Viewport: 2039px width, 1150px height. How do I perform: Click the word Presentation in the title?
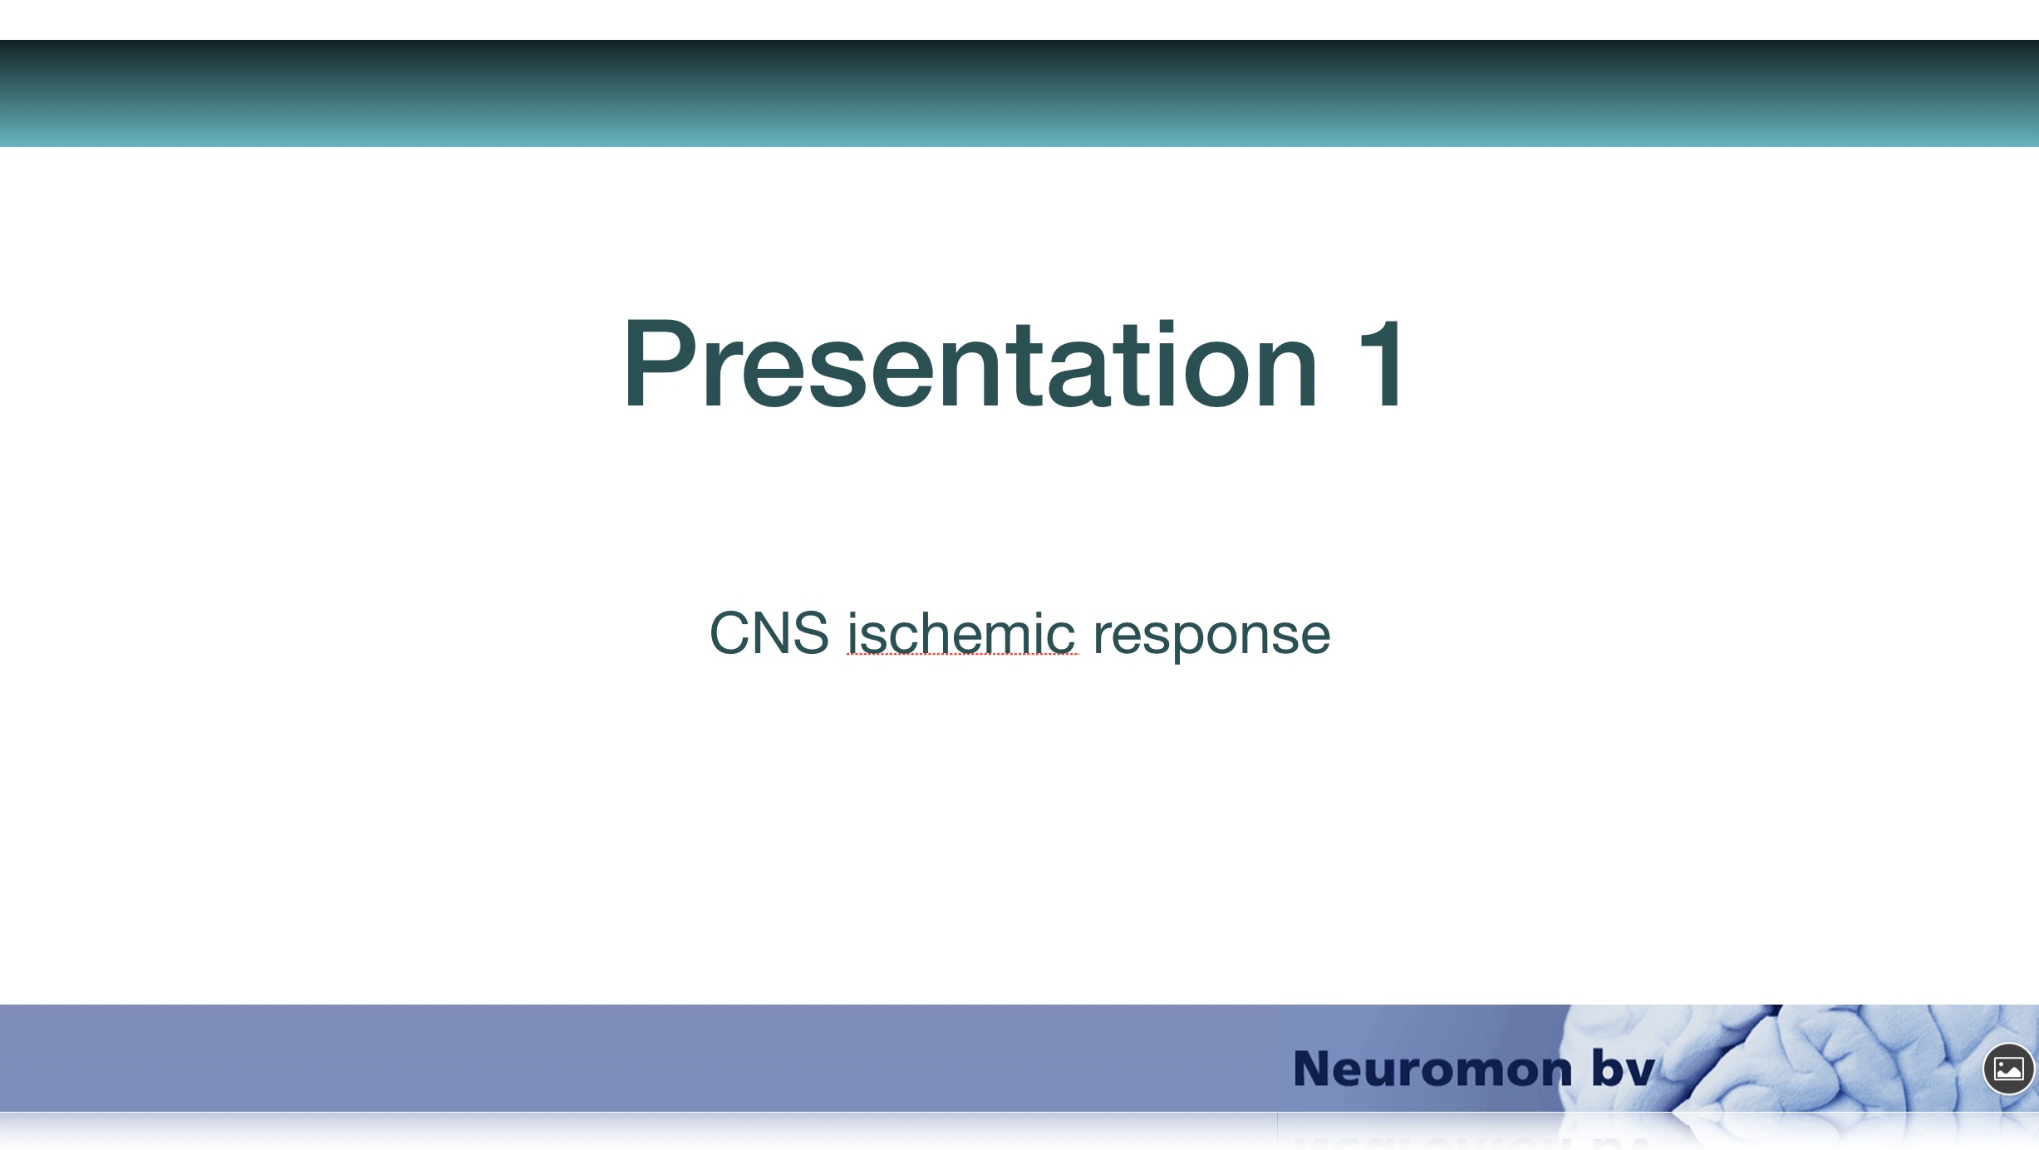tap(970, 363)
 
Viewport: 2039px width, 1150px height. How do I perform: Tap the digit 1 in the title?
tap(1382, 363)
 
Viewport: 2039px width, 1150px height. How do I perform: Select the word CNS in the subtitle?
tap(769, 633)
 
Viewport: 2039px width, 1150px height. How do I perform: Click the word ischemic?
tap(961, 633)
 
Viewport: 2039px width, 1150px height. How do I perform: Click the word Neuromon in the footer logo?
tap(1432, 1069)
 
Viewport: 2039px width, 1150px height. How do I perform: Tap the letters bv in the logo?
tap(1623, 1067)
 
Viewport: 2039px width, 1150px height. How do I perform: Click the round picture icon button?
tap(2008, 1069)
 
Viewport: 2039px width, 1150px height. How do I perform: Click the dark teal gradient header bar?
tap(1019, 93)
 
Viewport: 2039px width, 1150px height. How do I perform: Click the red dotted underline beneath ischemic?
tap(962, 655)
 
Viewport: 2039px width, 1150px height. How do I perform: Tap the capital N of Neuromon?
tap(1313, 1069)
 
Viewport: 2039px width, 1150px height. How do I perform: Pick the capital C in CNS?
tap(730, 633)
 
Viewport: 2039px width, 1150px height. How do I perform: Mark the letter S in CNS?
tap(809, 633)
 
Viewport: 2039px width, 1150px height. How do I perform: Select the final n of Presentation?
tap(1285, 375)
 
